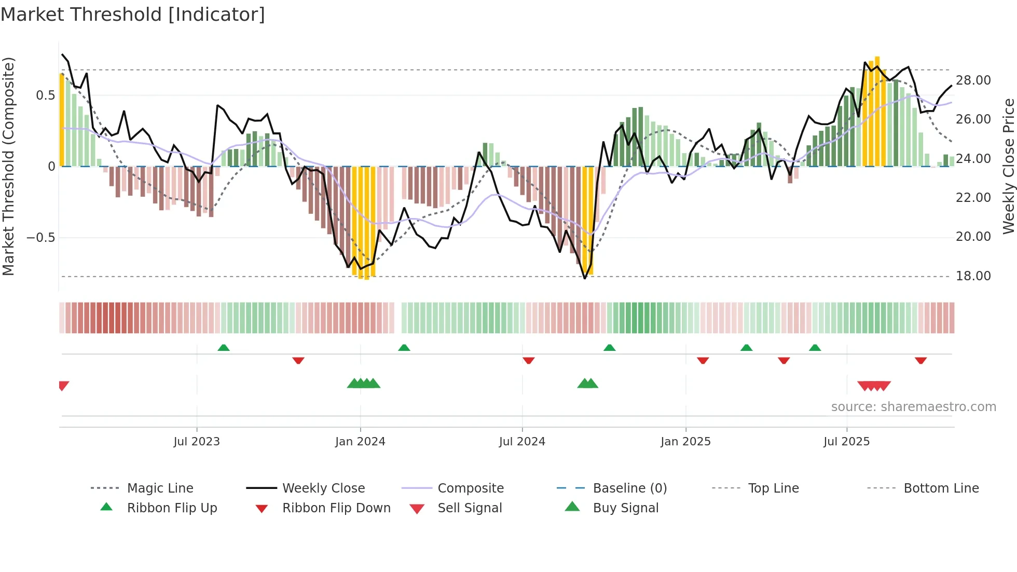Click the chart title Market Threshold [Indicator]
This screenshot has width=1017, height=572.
point(133,15)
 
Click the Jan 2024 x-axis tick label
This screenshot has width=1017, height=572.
point(360,441)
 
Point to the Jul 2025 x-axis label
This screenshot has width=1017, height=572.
point(846,441)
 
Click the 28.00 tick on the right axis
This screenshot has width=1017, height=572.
point(973,80)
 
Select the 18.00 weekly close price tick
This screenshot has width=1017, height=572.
point(973,276)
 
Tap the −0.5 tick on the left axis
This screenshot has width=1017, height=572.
point(41,238)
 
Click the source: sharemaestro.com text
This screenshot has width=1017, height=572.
point(913,406)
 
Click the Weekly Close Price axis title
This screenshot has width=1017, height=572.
point(1008,166)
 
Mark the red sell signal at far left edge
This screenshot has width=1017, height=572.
point(63,385)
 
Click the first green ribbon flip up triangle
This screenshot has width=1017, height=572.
point(224,347)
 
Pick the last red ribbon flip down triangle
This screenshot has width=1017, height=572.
point(920,360)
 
